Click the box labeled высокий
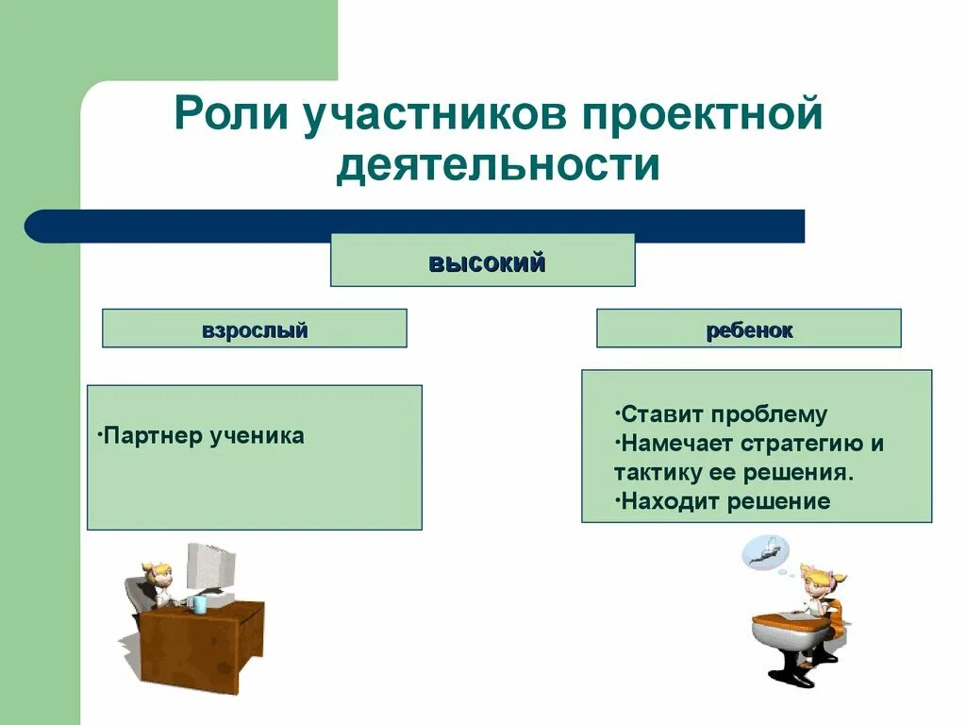click(482, 261)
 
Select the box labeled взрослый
click(254, 329)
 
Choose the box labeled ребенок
click(748, 329)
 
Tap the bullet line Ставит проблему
click(720, 414)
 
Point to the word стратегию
click(802, 444)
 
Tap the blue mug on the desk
click(199, 603)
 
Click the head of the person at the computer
click(157, 574)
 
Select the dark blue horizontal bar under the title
click(415, 227)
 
